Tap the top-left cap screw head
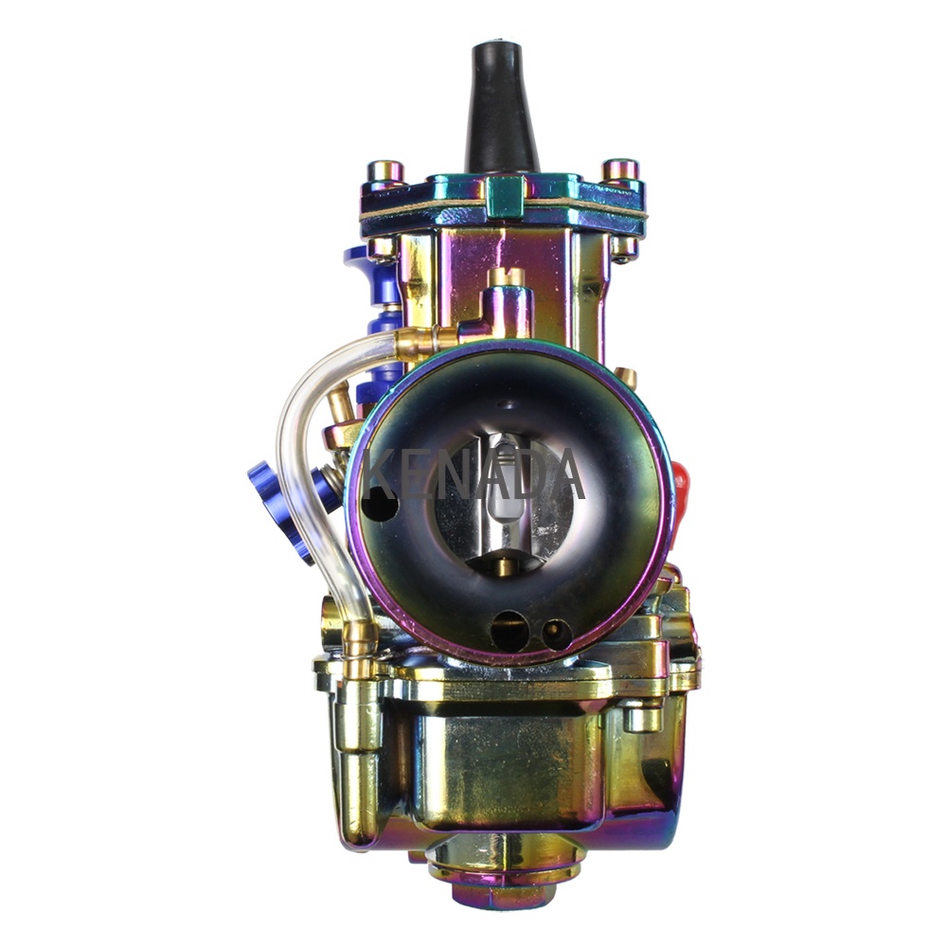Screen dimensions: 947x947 coord(385,170)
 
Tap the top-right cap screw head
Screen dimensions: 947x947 coord(620,170)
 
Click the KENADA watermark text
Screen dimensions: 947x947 coord(474,476)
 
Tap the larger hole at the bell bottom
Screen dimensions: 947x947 coord(509,631)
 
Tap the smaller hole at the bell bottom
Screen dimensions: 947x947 coord(556,634)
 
